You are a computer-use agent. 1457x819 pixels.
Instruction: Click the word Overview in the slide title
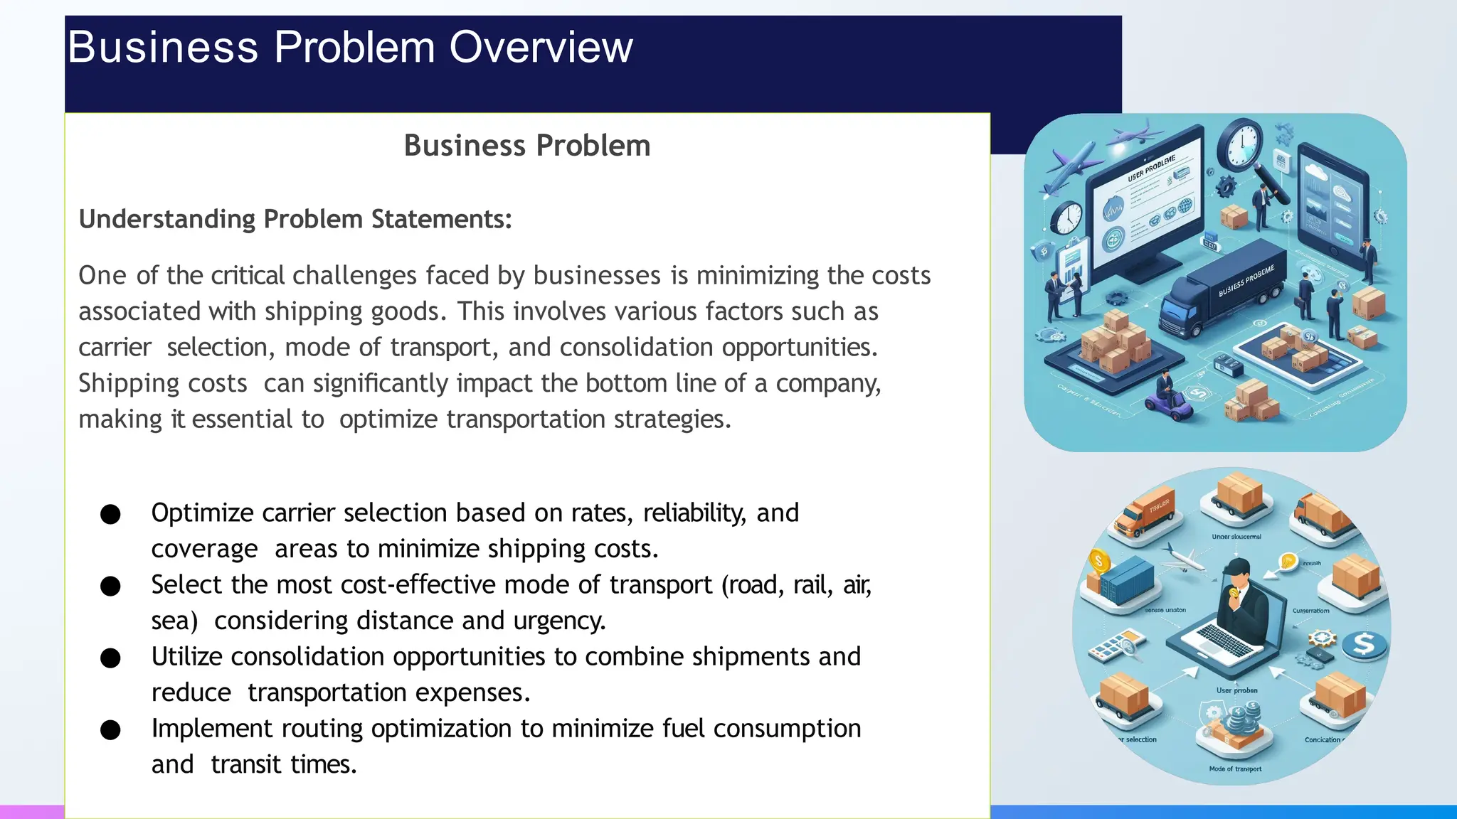pos(541,48)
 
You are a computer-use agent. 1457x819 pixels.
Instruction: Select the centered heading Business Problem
pos(527,146)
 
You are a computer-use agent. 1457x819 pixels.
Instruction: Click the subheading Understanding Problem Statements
pos(295,219)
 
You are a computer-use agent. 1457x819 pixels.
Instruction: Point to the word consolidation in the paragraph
pos(636,348)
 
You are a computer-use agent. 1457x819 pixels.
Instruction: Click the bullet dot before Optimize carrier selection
pos(110,514)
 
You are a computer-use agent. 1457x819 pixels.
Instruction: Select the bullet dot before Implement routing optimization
pos(110,730)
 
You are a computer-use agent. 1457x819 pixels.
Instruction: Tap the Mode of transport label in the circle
pos(1235,769)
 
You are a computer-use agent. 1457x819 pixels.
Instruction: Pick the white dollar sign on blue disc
pos(1365,645)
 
